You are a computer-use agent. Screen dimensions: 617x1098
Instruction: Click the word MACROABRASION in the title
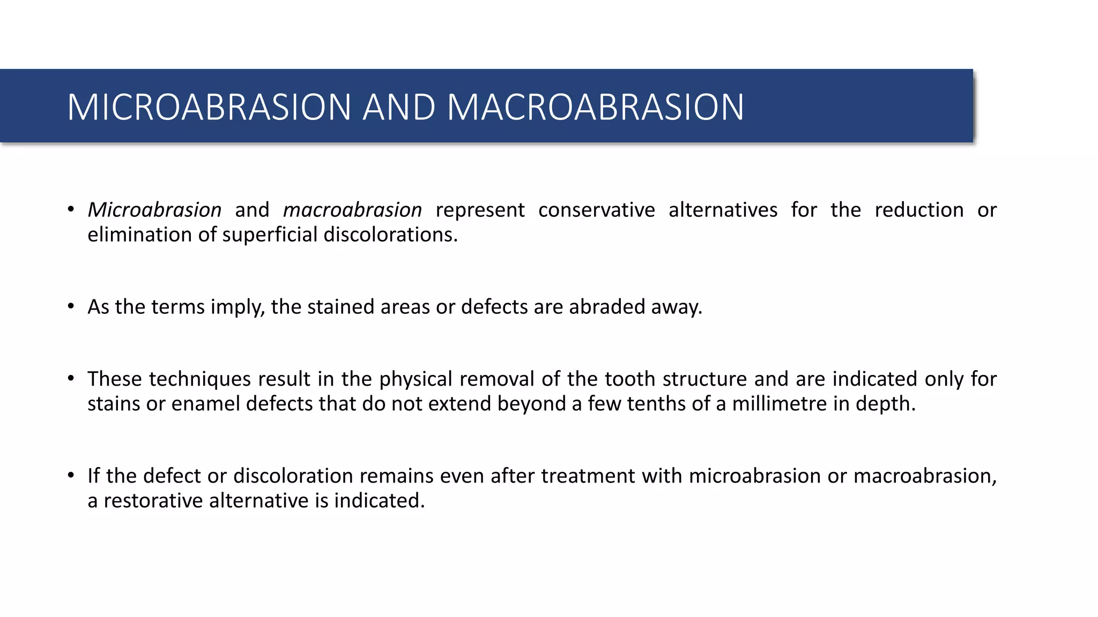595,107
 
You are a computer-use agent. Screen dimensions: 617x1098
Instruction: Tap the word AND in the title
399,107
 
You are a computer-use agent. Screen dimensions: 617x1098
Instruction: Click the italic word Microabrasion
154,210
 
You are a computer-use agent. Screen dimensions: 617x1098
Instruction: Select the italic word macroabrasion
352,210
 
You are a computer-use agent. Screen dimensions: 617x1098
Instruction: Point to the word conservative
596,210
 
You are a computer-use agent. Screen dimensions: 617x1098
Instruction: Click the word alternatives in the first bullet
723,210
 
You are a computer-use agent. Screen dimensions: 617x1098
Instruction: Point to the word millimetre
780,404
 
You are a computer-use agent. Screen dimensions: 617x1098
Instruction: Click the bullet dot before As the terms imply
71,306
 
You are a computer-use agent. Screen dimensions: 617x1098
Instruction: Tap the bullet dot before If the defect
71,476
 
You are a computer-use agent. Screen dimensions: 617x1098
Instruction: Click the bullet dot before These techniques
71,379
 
